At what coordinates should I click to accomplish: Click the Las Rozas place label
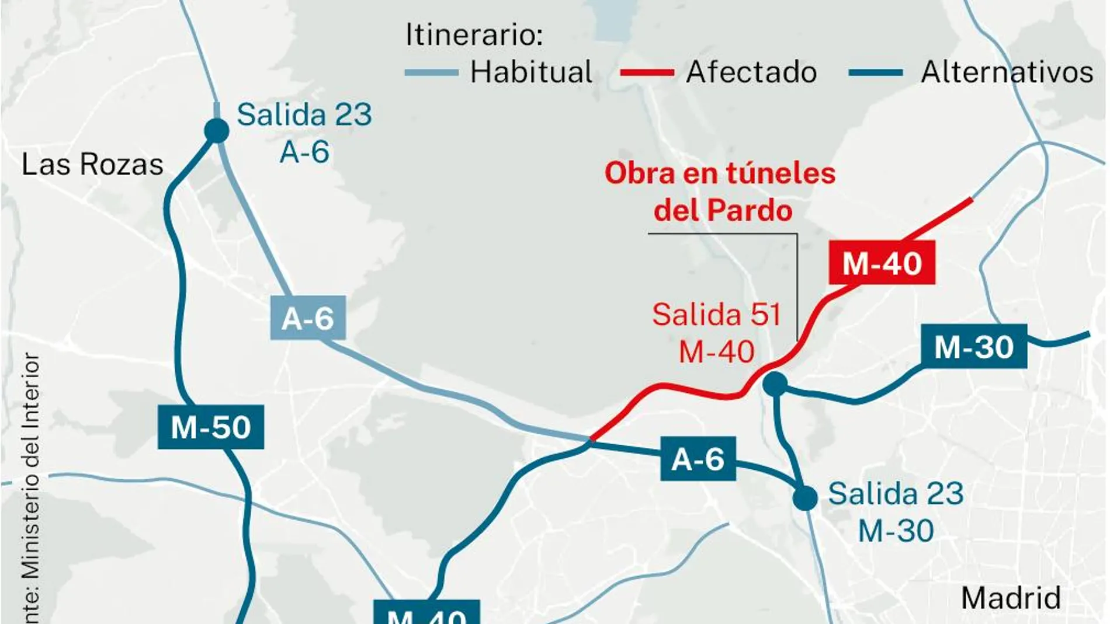[x=92, y=165]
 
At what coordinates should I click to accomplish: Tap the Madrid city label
[x=1011, y=598]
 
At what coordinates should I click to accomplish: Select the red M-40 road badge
[x=882, y=263]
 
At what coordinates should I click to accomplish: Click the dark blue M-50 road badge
[x=210, y=427]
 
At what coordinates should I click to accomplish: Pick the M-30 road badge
[x=973, y=347]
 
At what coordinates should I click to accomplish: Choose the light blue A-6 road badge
[x=307, y=318]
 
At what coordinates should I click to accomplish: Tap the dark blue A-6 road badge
[x=698, y=459]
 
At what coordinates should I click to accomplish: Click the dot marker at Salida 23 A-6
[x=216, y=130]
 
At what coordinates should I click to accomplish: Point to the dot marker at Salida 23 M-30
[x=805, y=498]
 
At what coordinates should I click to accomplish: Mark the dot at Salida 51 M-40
[x=775, y=384]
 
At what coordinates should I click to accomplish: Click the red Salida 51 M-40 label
[x=716, y=333]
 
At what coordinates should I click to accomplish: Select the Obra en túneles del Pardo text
[x=721, y=191]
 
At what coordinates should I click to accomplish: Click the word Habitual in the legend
[x=531, y=72]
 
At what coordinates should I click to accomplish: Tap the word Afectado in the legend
[x=751, y=72]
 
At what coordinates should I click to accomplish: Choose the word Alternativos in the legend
[x=1007, y=72]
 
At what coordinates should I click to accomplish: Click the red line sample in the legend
[x=647, y=73]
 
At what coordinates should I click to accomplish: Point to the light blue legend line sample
[x=431, y=73]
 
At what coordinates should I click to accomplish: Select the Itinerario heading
[x=474, y=34]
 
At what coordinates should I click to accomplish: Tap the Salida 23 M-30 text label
[x=896, y=512]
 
